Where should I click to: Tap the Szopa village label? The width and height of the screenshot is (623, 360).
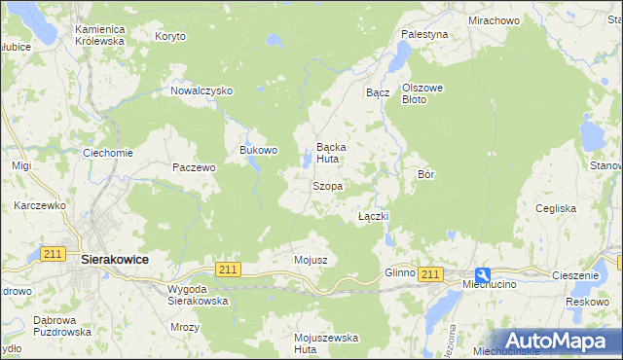pos(326,185)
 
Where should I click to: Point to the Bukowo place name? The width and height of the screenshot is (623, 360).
pos(259,151)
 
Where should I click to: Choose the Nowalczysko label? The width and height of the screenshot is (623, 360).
pos(202,90)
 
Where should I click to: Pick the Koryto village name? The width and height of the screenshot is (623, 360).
pos(169,36)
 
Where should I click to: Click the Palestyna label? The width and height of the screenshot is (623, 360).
pos(424,34)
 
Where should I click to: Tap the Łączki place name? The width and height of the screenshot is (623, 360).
pos(374,215)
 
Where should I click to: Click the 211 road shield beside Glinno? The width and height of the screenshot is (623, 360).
pos(432,274)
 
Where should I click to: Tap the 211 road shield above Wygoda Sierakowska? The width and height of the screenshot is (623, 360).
pos(228,269)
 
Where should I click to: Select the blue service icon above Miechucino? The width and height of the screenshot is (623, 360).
pos(483,274)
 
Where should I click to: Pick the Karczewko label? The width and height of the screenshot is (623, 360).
pos(39,205)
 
